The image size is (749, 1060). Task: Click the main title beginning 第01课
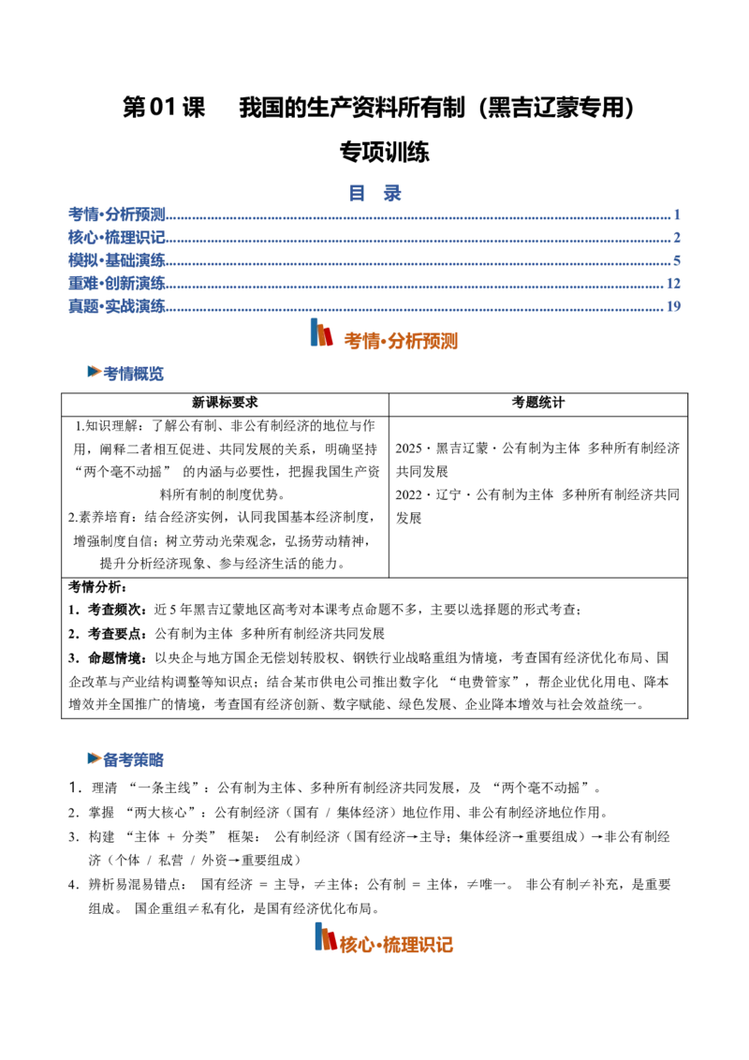click(378, 108)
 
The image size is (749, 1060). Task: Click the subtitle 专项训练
click(384, 152)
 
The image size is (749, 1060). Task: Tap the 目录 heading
click(374, 193)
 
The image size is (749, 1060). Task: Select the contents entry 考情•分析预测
click(117, 214)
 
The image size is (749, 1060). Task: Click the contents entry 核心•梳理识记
click(117, 237)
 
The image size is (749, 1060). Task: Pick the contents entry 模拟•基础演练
click(117, 260)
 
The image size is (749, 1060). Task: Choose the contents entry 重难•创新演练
click(117, 283)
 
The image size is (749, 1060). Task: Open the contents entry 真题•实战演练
click(117, 306)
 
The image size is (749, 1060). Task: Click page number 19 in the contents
click(673, 306)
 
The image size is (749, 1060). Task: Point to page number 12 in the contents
click(673, 283)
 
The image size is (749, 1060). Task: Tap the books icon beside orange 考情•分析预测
click(321, 332)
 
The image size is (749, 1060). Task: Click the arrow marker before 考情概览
click(95, 372)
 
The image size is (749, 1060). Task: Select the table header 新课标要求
click(225, 403)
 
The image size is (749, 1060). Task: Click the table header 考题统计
click(538, 403)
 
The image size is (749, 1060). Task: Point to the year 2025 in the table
click(408, 449)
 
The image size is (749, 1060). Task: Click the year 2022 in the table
click(408, 494)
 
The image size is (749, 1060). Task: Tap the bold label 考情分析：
click(97, 587)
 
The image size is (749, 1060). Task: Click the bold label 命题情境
click(114, 657)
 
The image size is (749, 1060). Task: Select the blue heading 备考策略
click(133, 759)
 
